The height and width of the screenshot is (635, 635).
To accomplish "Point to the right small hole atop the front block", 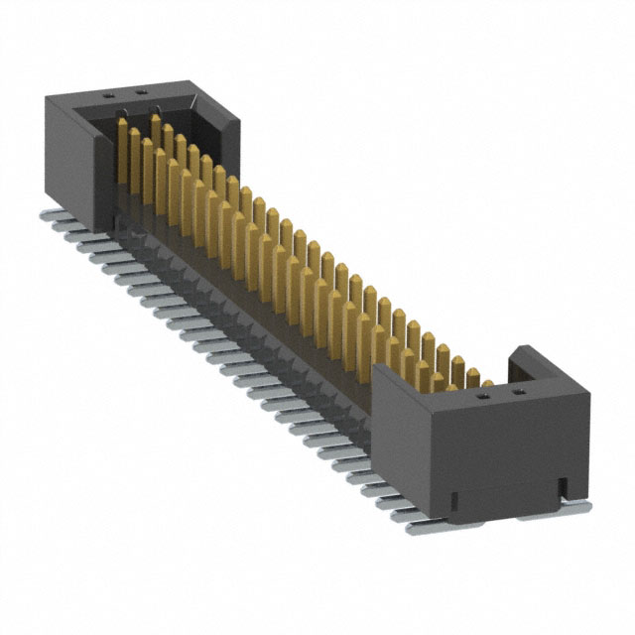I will [x=516, y=392].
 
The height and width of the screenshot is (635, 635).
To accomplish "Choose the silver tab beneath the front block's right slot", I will [x=571, y=507].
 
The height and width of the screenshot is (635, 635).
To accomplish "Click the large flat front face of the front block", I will [x=506, y=451].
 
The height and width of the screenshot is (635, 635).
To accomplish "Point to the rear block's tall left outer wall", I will [x=69, y=154].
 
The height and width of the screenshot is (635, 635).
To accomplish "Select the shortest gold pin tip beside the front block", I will [x=487, y=382].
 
